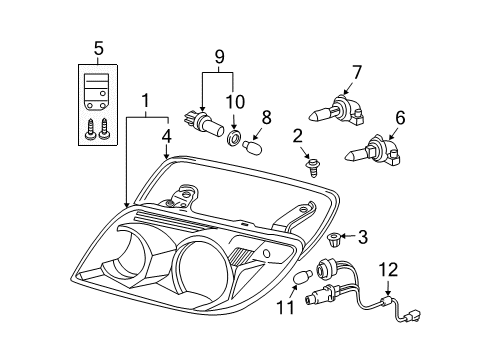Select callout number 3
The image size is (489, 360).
(363, 238)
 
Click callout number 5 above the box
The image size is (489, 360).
(98, 47)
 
